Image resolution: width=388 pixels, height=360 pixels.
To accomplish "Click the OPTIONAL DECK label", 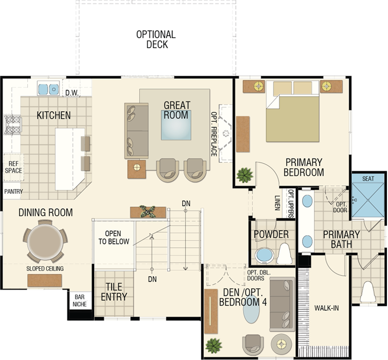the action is click(x=156, y=39).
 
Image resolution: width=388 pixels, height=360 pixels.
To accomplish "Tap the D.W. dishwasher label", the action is click(x=72, y=93).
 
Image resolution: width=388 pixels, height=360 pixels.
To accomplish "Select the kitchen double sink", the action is click(x=48, y=89).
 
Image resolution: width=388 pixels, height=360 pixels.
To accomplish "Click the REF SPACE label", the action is click(x=13, y=167).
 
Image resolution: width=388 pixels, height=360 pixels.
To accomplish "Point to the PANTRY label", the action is click(x=13, y=191).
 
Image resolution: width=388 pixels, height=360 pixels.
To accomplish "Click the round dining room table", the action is click(x=45, y=241).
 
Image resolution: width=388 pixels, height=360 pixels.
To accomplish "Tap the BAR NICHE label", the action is click(x=80, y=300).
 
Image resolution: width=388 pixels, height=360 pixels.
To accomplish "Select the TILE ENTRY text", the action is click(x=114, y=292).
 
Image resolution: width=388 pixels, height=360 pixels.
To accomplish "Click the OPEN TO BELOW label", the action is click(x=114, y=237).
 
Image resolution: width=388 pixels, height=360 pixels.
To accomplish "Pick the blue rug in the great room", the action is click(x=176, y=125).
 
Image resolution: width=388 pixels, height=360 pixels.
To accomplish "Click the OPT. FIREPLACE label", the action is click(x=214, y=134).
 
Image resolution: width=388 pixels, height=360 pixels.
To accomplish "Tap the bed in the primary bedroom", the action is click(x=292, y=111).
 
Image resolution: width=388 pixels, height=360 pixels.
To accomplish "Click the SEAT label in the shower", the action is click(x=368, y=178).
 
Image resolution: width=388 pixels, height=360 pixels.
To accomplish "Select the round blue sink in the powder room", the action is click(x=264, y=255).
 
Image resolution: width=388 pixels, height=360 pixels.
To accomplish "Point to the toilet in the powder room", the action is click(x=285, y=253).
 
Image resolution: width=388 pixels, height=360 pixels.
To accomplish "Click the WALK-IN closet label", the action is click(x=326, y=308).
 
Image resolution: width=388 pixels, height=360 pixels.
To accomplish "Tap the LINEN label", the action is click(x=277, y=203).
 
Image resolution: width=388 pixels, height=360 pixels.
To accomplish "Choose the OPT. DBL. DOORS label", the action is click(x=259, y=275).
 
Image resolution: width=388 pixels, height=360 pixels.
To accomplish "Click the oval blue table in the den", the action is click(x=251, y=309).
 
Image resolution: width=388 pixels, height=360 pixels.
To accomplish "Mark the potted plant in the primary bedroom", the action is click(x=245, y=175).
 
